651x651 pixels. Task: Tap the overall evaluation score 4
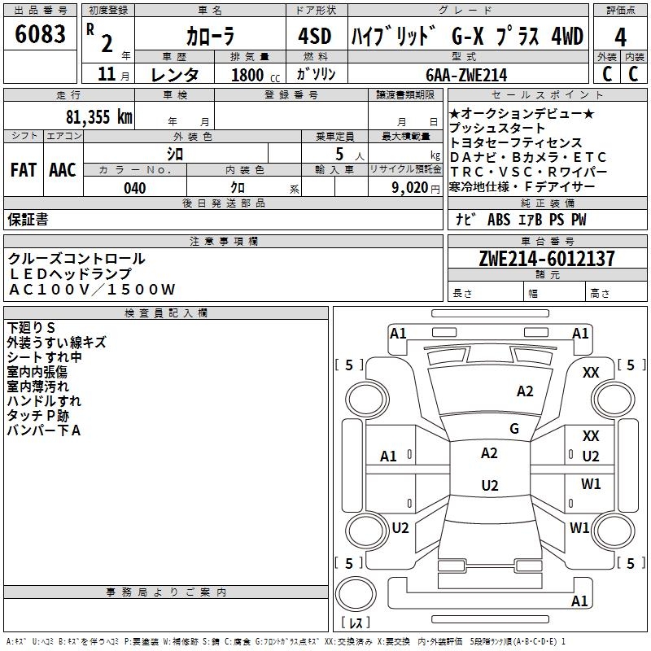(x=620, y=37)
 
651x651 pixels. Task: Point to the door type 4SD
(x=315, y=37)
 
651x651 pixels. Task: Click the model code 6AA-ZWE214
(x=466, y=75)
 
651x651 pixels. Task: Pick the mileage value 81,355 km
(x=98, y=116)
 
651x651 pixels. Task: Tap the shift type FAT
(x=23, y=169)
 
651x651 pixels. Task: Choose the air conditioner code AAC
(x=63, y=169)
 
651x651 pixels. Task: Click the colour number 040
(x=135, y=188)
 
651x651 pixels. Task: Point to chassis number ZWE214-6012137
(x=546, y=259)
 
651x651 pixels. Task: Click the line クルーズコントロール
(x=77, y=259)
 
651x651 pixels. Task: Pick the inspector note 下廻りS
(x=31, y=327)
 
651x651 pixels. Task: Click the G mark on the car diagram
(x=514, y=428)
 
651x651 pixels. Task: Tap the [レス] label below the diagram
(x=356, y=623)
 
